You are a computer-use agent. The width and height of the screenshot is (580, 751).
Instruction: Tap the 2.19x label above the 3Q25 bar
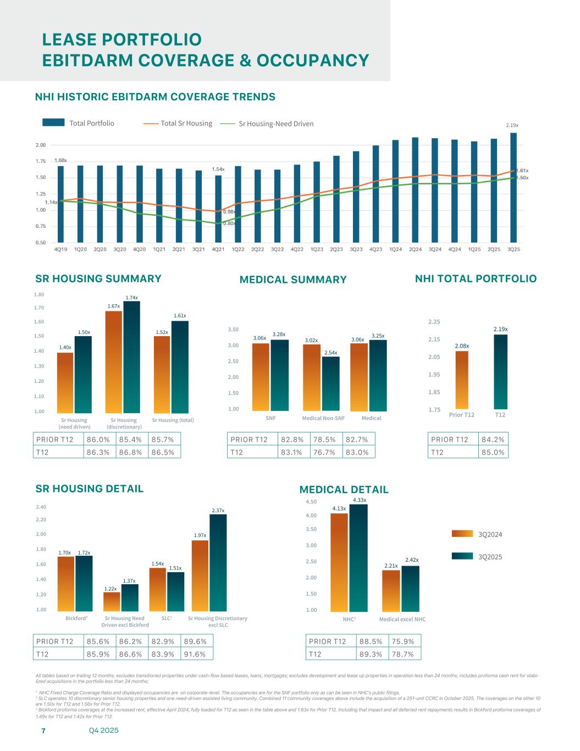click(x=512, y=125)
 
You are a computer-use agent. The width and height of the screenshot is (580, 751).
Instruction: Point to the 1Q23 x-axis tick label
click(x=317, y=249)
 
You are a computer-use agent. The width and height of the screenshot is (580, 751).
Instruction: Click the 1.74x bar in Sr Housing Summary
click(x=131, y=357)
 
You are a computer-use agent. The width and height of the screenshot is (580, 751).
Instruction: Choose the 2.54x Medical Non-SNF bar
click(x=331, y=384)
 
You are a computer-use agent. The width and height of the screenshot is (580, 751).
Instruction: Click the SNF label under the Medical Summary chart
click(x=270, y=418)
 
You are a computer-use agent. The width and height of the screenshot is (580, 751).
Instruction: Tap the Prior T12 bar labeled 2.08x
click(x=462, y=380)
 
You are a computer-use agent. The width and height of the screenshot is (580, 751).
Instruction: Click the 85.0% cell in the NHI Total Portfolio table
click(x=493, y=452)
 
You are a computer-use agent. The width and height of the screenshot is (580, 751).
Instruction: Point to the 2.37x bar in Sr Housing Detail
click(x=218, y=562)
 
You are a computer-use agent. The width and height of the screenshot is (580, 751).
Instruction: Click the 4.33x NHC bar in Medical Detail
click(x=358, y=558)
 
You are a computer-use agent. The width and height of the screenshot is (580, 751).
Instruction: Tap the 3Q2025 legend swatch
click(x=462, y=556)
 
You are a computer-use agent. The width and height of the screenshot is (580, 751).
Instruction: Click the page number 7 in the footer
click(x=43, y=731)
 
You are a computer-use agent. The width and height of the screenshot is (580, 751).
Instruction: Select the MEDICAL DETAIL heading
click(x=344, y=490)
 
